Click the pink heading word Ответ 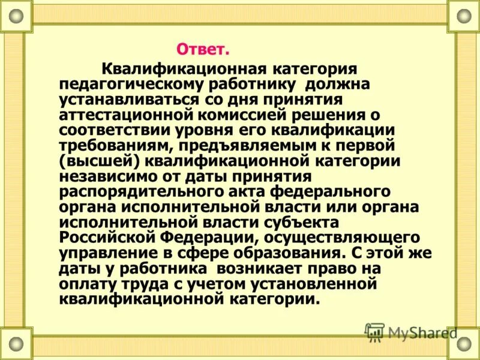click(x=203, y=47)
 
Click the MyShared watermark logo click(x=411, y=332)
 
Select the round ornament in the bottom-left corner click(x=16, y=344)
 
